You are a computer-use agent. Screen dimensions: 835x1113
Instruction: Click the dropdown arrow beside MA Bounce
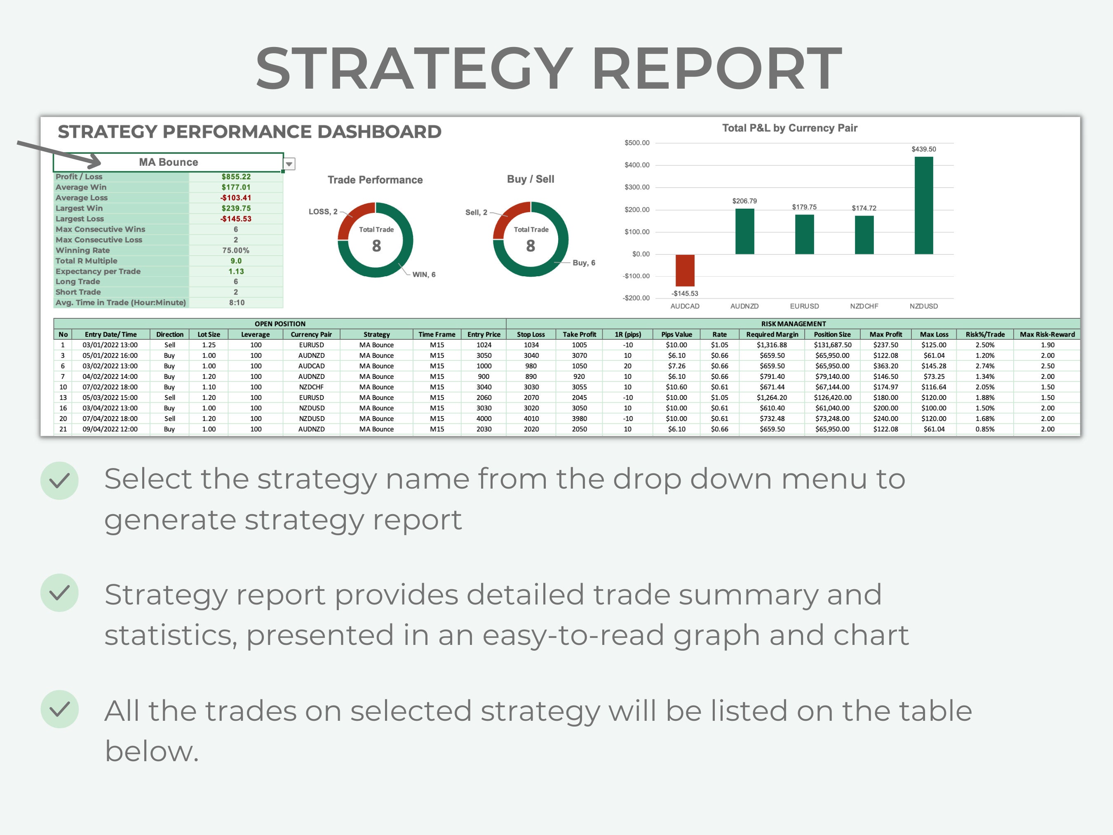(x=289, y=164)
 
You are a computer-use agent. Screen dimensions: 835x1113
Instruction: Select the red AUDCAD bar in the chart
(x=685, y=270)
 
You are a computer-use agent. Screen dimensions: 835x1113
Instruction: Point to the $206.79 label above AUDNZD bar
(x=744, y=201)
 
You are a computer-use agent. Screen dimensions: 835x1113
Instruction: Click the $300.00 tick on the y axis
(x=637, y=187)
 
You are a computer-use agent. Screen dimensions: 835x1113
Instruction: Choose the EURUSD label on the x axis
(x=804, y=306)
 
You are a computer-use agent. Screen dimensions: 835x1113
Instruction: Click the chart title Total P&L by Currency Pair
(x=789, y=128)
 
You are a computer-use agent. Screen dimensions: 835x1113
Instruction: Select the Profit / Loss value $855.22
(x=236, y=176)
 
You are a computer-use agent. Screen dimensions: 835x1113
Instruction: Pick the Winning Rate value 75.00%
(x=236, y=250)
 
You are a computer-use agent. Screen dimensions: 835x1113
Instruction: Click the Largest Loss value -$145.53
(x=236, y=219)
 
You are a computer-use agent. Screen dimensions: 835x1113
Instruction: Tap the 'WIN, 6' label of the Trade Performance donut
(x=424, y=274)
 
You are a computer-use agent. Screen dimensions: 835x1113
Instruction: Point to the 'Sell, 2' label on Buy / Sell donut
(x=476, y=212)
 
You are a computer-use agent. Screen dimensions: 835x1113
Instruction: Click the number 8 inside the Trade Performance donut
(x=376, y=246)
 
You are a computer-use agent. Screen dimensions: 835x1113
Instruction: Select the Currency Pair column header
(x=311, y=334)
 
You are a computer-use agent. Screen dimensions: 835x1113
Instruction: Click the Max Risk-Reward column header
(x=1047, y=334)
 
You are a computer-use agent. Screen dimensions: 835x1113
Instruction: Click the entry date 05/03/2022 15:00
(x=110, y=398)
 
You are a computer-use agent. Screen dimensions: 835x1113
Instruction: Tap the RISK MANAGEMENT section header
(x=793, y=324)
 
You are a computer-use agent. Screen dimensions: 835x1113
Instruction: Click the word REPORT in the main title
(x=716, y=68)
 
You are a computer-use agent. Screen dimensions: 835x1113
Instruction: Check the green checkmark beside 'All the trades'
(x=59, y=709)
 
